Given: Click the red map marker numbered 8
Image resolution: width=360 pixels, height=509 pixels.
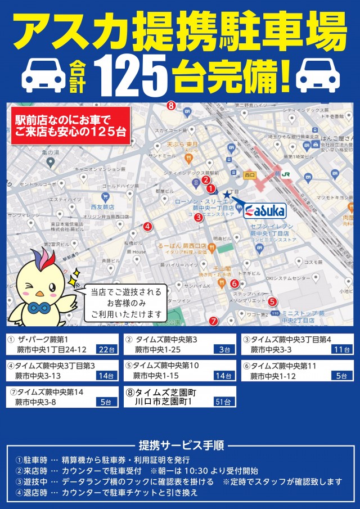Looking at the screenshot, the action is (171, 105).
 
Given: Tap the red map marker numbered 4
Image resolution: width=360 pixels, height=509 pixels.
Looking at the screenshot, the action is (147, 227).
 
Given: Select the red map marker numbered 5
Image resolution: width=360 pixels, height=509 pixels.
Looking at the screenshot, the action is (272, 301).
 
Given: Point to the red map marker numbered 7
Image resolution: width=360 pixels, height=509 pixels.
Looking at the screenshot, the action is (213, 321).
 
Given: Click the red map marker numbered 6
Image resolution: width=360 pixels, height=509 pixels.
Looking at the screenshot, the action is (235, 283).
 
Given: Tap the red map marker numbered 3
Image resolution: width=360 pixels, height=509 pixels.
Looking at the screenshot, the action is (199, 218).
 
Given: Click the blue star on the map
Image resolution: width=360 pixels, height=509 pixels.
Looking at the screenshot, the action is (226, 195).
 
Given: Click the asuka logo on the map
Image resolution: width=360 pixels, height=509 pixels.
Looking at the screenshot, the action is (265, 210).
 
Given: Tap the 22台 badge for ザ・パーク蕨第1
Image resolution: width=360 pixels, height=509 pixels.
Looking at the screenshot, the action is (106, 349).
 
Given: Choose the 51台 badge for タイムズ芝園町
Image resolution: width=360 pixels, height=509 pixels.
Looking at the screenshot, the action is (223, 402).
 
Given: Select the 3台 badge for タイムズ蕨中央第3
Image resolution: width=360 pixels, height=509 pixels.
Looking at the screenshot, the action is (224, 349).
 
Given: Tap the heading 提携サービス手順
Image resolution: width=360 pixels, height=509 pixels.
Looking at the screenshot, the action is (181, 445).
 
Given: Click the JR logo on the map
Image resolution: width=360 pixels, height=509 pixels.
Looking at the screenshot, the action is (286, 174).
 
